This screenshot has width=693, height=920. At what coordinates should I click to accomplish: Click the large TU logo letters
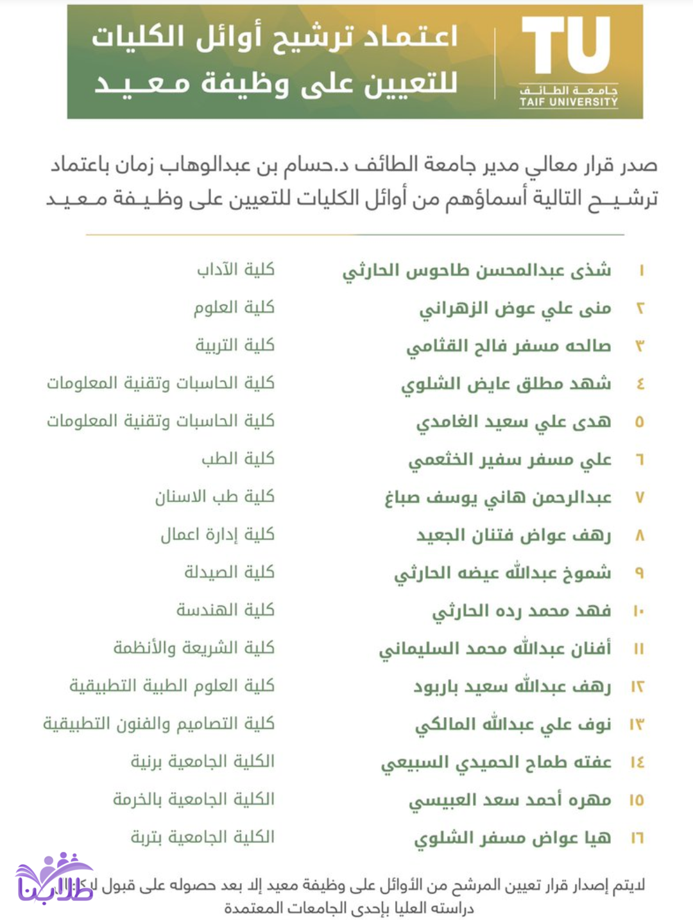pos(566,46)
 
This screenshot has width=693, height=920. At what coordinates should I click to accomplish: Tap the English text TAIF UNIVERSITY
pos(569,102)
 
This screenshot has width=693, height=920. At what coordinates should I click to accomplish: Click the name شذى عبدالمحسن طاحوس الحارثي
pos(477,270)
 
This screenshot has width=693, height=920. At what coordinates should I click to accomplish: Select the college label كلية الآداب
pos(235,269)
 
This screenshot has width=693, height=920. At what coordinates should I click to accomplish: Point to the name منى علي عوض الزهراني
pos(515,309)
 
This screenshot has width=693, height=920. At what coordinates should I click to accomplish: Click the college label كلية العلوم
pos(234,307)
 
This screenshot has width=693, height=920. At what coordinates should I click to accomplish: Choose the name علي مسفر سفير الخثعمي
pos(510,460)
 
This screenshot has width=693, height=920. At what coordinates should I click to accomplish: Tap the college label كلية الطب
pos(238,458)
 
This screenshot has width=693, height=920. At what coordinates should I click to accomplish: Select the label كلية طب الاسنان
pos(214,496)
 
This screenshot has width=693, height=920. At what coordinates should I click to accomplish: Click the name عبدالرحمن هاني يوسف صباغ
pos(498,498)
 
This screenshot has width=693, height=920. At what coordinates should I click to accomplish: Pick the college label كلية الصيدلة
pos(230,571)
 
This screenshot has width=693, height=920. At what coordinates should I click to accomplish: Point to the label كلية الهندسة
pos(226,609)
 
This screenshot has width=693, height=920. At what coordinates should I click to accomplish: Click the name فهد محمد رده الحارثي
pos(522,611)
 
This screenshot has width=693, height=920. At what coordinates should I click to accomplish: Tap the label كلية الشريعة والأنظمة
pos(194,647)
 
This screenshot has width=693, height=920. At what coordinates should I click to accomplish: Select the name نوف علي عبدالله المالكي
pos(513,724)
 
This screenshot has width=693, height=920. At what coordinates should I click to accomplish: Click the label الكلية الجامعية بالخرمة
pos(194,799)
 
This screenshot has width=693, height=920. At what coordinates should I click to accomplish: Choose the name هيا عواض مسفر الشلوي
pos(513,838)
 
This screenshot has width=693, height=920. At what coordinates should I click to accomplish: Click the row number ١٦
pos(637,838)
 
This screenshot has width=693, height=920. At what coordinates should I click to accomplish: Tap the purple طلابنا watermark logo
pos(54,880)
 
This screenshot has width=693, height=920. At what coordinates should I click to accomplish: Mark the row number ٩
pos(639,573)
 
